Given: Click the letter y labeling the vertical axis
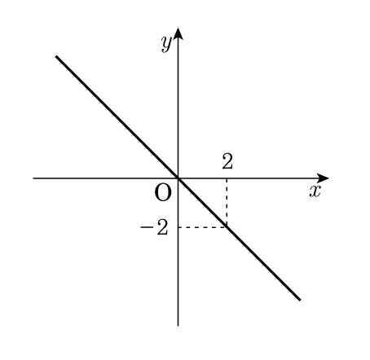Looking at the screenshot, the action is coord(166,44).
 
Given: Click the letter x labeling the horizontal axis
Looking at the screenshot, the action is coord(315,191).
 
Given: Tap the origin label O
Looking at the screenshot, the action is coord(163,192).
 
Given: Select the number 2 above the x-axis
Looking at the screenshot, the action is coord(227,161).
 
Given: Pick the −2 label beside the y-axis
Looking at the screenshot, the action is coord(154,227).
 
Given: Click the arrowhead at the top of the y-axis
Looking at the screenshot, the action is coord(178,33).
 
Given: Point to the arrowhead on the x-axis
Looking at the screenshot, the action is coord(323,178).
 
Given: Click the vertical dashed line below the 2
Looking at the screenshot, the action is coord(227,203).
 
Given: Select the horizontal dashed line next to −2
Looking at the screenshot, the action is coord(202,227).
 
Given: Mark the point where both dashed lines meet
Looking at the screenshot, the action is coord(227,227).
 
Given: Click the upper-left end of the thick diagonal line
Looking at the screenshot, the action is coord(56,56).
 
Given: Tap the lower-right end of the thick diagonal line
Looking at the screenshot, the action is coord(300,300).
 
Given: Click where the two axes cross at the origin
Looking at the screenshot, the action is coord(178,178).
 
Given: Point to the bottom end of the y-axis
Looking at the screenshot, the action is coord(178,326).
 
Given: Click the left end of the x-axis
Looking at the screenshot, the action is coord(33,178).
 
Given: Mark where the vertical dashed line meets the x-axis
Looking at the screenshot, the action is coord(227,178).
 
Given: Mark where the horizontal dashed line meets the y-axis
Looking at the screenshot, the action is coord(178,227).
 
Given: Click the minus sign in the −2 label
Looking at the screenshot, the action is coord(146,227).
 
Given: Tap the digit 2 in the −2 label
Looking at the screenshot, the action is coord(162,227).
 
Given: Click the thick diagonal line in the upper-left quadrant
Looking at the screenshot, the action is coord(117,117).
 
